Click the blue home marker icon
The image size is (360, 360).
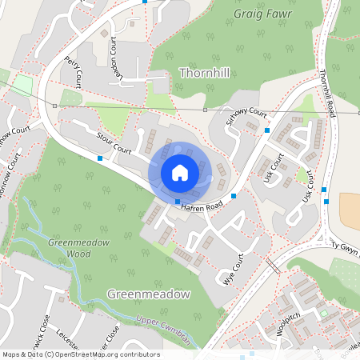point(179,172)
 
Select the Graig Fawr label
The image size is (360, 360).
point(264,14)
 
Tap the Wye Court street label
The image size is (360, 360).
point(233,271)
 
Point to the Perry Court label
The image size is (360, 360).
point(78,71)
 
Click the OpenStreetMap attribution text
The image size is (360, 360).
point(81,354)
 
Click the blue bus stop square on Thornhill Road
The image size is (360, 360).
point(324,190)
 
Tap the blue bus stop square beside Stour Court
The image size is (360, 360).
point(99,158)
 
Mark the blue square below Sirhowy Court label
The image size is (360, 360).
point(268,130)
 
